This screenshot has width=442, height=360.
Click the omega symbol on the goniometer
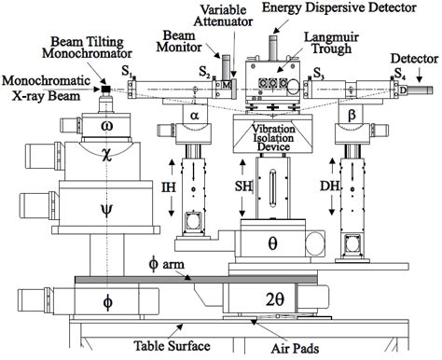(106, 124)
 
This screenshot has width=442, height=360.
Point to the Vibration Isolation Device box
(272, 136)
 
